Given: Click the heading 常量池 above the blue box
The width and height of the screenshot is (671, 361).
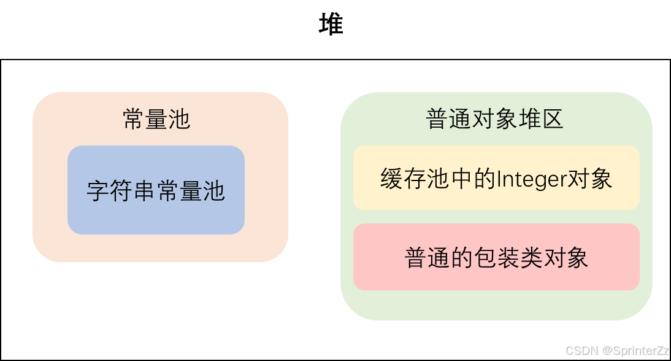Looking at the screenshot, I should [156, 119].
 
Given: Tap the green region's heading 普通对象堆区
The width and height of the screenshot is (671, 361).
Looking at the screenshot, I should [494, 119].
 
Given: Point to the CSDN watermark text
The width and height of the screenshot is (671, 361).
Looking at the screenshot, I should [581, 351].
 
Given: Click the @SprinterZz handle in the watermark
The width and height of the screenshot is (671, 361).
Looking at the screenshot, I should [635, 351].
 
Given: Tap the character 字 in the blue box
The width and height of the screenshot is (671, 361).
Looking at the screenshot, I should [98, 192].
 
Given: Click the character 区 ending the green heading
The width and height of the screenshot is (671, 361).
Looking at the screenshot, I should [553, 119].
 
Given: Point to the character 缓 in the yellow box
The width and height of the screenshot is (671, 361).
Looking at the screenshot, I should [391, 179].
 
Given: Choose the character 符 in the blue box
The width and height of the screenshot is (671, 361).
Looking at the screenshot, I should [121, 192].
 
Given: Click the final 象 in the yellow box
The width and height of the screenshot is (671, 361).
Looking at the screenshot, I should [601, 179].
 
